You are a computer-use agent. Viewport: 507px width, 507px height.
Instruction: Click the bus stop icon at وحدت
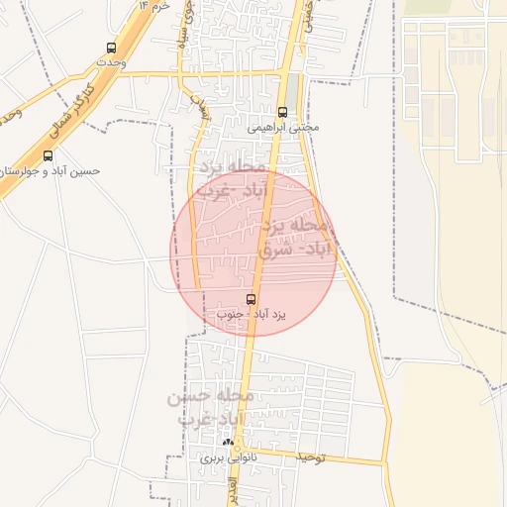pyautogui.click(x=110, y=47)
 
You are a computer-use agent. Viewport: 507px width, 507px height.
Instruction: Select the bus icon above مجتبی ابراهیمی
pyautogui.click(x=283, y=112)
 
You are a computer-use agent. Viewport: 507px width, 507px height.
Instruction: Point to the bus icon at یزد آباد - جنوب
pyautogui.click(x=251, y=298)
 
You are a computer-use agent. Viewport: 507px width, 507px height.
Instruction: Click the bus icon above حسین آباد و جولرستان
pyautogui.click(x=49, y=155)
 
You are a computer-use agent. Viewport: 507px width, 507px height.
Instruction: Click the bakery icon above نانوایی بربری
pyautogui.click(x=229, y=443)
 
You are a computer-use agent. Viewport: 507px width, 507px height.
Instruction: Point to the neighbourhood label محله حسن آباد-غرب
pyautogui.click(x=212, y=407)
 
